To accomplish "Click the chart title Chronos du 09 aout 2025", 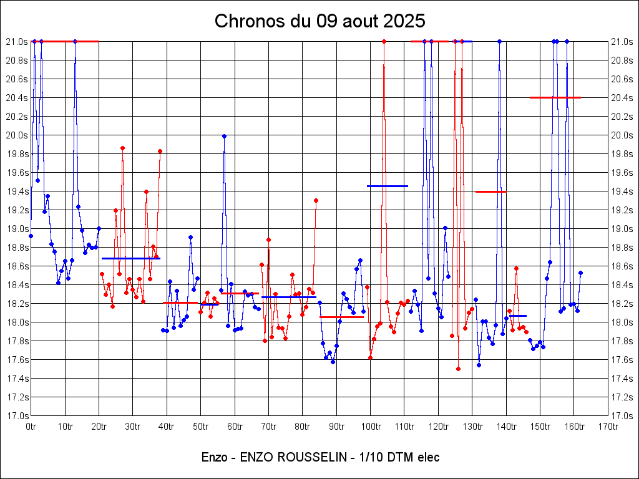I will point(319,21).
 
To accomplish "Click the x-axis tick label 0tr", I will point(31,427).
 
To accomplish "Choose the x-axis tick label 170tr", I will point(608,427).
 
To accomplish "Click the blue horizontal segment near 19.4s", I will point(387,186).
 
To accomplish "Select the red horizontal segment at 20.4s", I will point(555,97).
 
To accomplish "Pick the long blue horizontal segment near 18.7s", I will point(131,258).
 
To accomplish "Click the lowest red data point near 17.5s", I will point(458,369).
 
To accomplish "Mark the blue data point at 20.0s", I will point(224,135).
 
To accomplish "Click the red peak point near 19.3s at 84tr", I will point(316,200).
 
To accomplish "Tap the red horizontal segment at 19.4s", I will point(490,191).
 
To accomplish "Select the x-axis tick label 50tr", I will point(200,427).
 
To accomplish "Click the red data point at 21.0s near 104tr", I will point(384,41).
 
